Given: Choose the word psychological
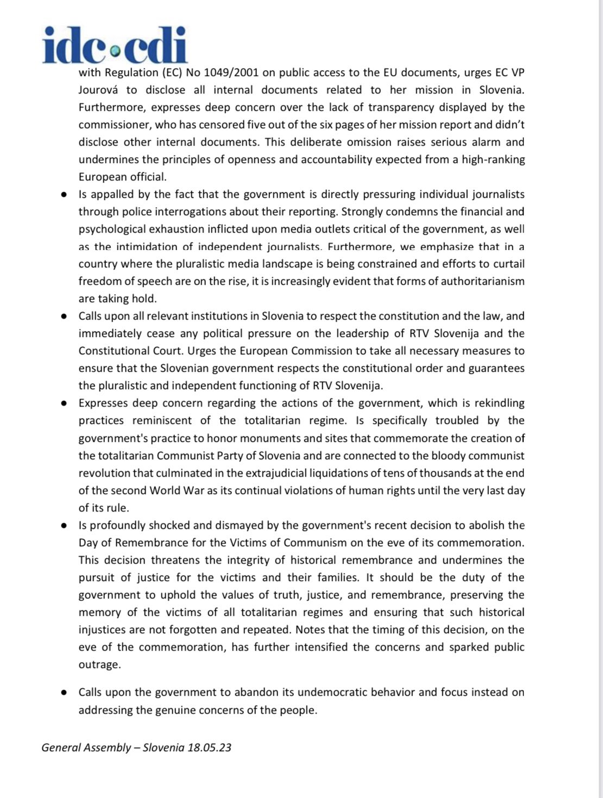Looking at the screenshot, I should pos(113,229).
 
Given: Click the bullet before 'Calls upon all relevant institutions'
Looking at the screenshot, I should pos(65,316).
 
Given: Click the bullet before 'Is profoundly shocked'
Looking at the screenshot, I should pos(65,525).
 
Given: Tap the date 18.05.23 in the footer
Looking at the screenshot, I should pos(209,747).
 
